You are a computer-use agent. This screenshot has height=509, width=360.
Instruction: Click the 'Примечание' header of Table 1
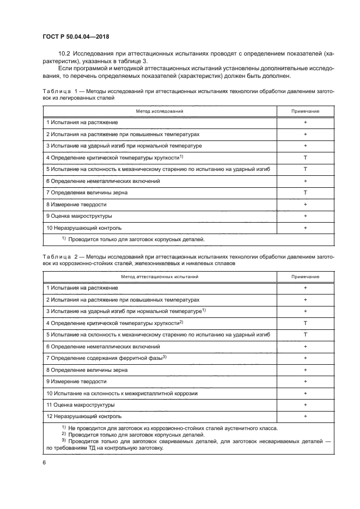(305, 111)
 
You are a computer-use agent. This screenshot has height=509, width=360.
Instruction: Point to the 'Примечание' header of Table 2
(305, 277)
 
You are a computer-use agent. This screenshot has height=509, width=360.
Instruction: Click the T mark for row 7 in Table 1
(305, 193)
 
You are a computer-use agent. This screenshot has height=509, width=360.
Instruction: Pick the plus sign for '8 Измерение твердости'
(305, 204)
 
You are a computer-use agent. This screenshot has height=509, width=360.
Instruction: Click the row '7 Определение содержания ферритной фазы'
(106, 358)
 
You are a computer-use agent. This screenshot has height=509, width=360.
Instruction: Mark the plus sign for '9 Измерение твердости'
(305, 382)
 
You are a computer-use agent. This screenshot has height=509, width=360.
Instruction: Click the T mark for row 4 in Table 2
(305, 323)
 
